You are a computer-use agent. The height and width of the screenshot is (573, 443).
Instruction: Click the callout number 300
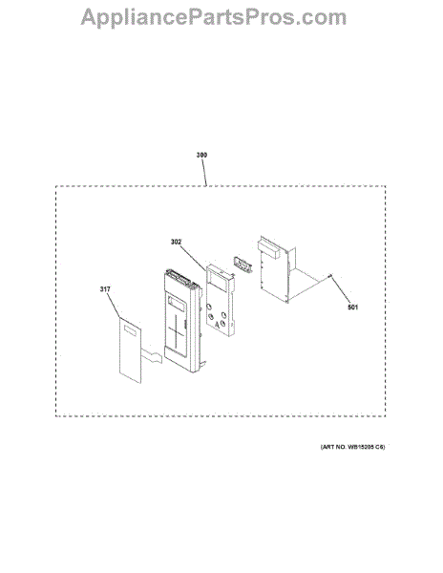201,155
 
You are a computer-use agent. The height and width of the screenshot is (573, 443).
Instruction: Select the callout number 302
176,242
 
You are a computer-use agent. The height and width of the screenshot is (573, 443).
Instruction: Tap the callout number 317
105,289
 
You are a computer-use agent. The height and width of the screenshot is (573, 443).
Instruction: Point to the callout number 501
352,308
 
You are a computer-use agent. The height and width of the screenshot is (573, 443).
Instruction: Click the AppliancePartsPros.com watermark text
214,17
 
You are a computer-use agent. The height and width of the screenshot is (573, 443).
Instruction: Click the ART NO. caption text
352,447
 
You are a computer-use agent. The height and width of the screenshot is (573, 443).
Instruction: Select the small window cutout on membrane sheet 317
131,330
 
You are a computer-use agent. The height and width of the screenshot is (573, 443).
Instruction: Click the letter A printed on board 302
217,324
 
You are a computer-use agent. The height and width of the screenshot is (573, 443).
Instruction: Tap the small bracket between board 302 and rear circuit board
242,265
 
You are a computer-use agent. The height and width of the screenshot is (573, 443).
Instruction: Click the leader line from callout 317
114,306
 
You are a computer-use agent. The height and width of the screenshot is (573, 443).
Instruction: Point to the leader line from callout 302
194,258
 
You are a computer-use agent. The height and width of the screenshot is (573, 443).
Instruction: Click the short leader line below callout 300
204,172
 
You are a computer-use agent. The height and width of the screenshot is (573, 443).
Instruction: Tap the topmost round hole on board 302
209,307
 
